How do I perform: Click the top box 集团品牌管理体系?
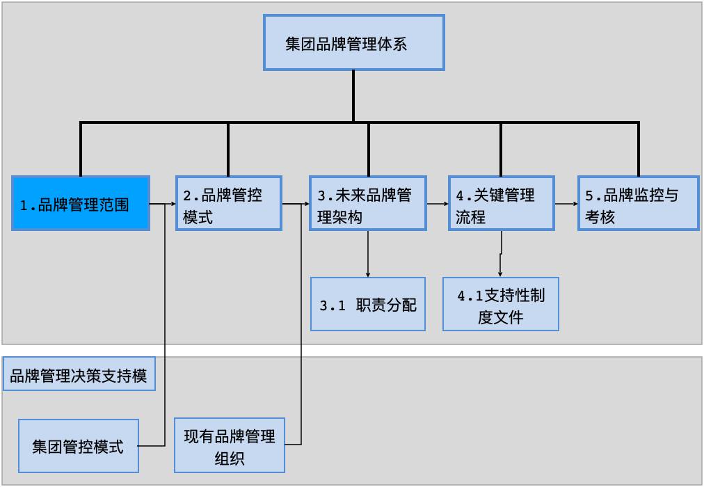pos(353,43)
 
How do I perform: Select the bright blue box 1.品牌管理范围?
pos(81,203)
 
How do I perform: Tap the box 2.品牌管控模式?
pos(228,203)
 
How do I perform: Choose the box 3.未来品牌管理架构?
pos(367,203)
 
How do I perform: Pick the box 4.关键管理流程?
pos(501,203)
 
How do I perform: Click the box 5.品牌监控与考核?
pos(638,203)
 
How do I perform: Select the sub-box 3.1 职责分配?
pos(367,304)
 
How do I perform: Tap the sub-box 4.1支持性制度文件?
pos(501,304)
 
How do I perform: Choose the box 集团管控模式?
pos(79,445)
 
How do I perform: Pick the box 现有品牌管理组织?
pos(230,445)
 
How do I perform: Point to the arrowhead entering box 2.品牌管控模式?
pos(173,204)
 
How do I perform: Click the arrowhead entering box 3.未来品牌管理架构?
pos(306,204)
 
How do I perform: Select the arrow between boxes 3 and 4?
pos(436,204)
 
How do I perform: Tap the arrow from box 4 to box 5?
pos(566,204)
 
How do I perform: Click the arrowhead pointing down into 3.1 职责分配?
pos(367,273)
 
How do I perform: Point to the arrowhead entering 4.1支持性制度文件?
pos(500,274)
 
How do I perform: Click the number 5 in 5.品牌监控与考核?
pos(589,195)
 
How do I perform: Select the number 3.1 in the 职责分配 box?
pos(333,305)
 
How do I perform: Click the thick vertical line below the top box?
pos(353,96)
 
